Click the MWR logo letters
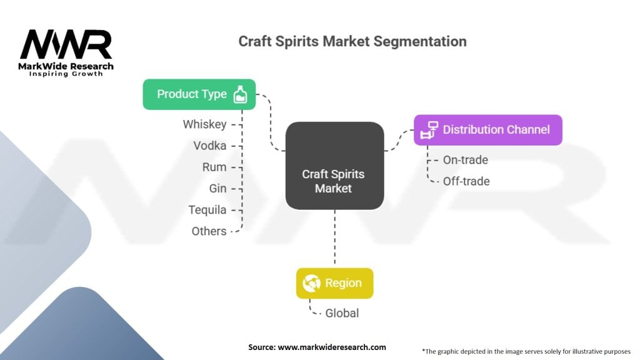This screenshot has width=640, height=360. pos(66,44)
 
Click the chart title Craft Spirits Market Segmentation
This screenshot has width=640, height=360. pos(352,41)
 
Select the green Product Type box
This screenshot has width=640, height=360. pos(199,94)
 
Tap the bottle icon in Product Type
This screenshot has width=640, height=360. pos(240,94)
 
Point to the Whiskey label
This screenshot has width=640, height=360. pos(204,124)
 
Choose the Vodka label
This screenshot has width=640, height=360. pos(210,146)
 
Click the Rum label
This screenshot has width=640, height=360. pos(214,167)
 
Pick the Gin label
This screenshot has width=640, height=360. pos(217,188)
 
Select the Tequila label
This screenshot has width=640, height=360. pos(207,210)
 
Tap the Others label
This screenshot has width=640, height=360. pos(209,231)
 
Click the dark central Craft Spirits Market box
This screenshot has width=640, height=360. pos(335,166)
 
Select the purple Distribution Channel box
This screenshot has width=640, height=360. pos(488,130)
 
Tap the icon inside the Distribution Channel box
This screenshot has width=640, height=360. pos(429,130)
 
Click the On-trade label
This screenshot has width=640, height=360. pos(466,159)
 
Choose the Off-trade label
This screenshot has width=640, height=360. pos(466,181)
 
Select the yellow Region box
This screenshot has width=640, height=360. pos(335,283)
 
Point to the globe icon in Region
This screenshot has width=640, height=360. pos(311,283)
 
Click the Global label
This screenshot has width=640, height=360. pos(342,313)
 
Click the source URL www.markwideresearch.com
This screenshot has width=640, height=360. pos(332,347)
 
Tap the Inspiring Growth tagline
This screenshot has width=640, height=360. pos(66,74)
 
